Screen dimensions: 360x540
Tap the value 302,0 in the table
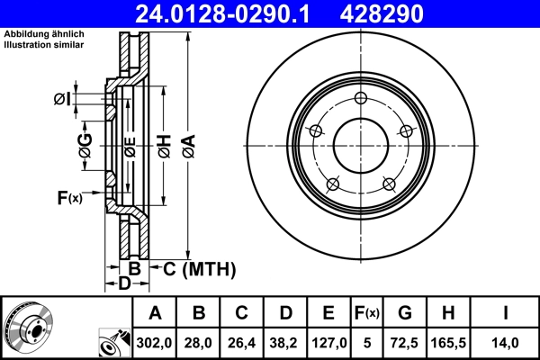point(155,342)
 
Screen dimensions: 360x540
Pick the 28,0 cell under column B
point(199,342)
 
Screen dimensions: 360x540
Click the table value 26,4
point(242,342)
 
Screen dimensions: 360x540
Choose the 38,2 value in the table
point(285,342)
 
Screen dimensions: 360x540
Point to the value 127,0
point(328,342)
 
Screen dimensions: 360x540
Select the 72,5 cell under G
point(405,342)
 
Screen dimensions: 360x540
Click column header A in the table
point(155,313)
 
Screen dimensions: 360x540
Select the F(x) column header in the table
point(366,313)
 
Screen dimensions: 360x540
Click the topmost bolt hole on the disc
point(361,99)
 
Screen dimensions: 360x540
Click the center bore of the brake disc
point(361,147)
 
